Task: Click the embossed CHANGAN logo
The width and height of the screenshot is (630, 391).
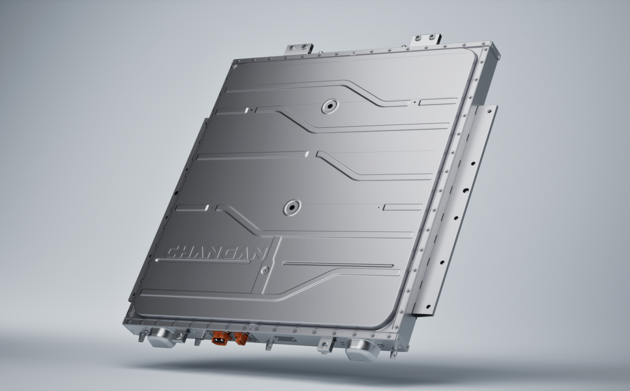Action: coord(216,253)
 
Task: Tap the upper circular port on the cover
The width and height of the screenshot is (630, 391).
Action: coord(330,106)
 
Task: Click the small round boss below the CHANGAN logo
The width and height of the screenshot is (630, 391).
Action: coord(265,270)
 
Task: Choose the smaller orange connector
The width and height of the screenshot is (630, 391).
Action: coord(242,338)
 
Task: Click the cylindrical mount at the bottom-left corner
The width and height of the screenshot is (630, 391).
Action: coord(162,337)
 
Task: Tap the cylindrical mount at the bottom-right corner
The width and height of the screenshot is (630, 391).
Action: coord(363,349)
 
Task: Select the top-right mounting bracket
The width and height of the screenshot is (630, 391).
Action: coord(426,39)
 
